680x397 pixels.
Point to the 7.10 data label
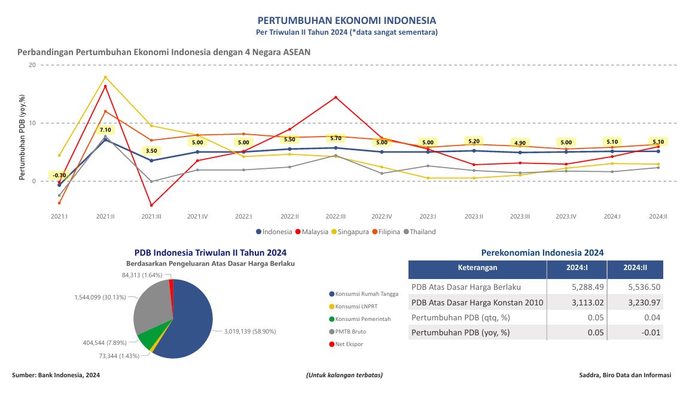(x=105, y=130)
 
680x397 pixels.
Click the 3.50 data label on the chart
(x=151, y=151)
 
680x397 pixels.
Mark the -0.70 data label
(x=59, y=175)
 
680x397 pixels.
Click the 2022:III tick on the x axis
(x=336, y=216)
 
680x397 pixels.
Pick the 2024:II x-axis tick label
(x=657, y=216)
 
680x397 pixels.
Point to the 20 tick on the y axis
(x=32, y=65)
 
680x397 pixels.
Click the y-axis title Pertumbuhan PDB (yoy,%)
(x=22, y=137)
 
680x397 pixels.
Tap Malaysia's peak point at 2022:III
(x=336, y=97)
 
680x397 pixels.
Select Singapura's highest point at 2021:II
(x=105, y=77)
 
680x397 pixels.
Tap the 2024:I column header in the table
(x=577, y=268)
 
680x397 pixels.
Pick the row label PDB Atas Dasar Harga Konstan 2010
(x=477, y=302)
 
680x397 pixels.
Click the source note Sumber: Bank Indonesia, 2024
(x=56, y=375)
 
